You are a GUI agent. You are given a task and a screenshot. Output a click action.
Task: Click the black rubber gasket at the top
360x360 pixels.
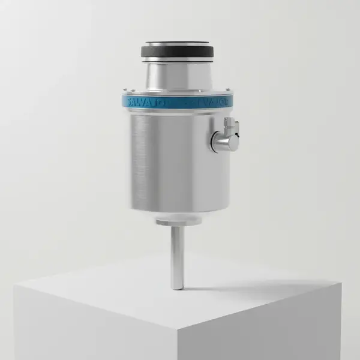point(178,52)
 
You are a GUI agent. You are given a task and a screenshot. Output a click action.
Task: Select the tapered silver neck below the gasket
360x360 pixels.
point(178,75)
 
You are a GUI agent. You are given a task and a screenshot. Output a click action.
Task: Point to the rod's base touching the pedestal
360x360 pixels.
point(178,287)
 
